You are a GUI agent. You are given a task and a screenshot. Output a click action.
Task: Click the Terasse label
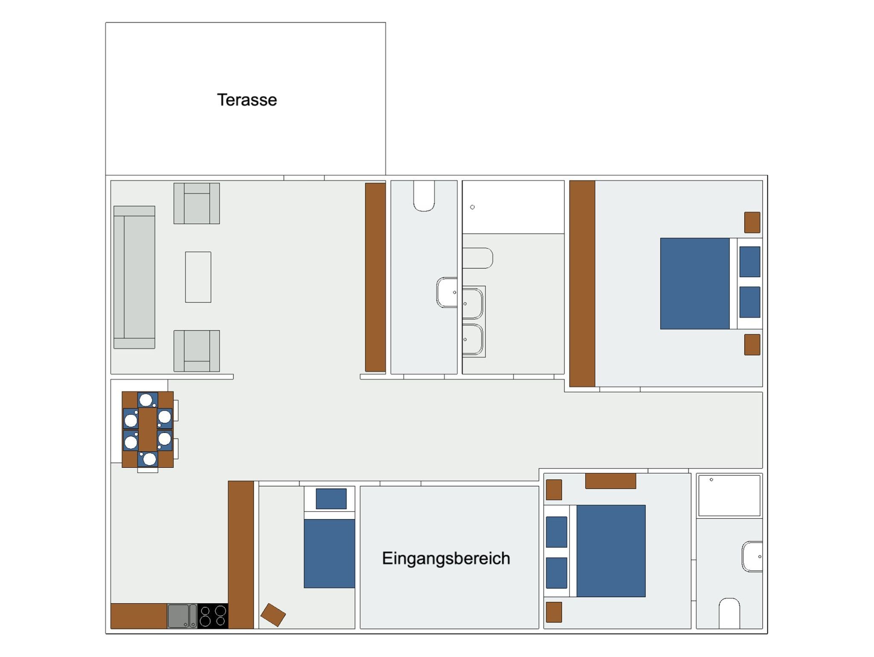(247, 100)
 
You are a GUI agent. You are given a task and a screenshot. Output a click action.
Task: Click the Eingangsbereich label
(446, 558)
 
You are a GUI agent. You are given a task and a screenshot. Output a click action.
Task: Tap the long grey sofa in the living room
(134, 277)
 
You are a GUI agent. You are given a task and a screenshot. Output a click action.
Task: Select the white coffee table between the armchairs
(198, 277)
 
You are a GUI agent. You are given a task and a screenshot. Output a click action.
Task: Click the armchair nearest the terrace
(197, 203)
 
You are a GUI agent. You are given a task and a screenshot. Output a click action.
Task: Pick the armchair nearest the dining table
(197, 351)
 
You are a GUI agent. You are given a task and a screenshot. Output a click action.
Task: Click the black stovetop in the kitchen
(213, 616)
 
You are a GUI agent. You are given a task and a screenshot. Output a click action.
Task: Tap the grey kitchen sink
(182, 616)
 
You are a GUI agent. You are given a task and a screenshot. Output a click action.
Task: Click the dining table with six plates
(148, 429)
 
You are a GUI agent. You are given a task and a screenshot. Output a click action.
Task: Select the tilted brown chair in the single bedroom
(273, 615)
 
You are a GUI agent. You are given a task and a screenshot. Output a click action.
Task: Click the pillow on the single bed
(331, 499)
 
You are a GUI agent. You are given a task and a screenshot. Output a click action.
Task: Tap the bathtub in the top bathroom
(513, 207)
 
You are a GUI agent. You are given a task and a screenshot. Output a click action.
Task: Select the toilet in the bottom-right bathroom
(729, 613)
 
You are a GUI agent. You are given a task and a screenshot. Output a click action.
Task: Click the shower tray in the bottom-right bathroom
(729, 496)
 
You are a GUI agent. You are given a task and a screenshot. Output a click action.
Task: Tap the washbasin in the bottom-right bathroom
(752, 557)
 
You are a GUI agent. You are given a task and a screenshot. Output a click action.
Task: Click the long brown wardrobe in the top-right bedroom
(582, 284)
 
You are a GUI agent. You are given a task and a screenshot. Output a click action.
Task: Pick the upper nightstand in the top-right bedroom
(752, 223)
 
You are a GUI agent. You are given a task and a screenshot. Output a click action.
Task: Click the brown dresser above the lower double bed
(611, 481)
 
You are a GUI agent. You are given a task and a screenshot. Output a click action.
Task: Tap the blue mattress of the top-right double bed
(695, 284)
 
